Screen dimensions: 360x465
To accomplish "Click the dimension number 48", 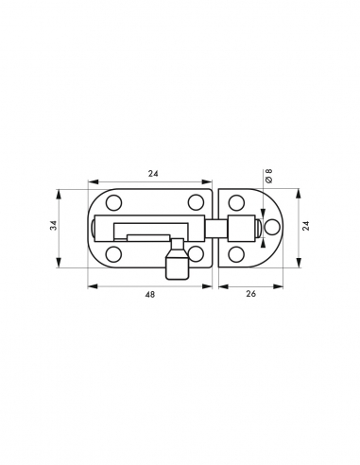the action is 150,295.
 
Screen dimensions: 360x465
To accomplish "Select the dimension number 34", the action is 54,225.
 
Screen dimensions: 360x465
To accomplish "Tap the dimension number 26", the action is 250,294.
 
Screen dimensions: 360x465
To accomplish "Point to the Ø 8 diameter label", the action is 268,176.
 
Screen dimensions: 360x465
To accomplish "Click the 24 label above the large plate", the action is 153,173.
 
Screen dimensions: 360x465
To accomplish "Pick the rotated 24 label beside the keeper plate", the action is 306,226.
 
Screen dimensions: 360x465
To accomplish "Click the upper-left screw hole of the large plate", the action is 113,203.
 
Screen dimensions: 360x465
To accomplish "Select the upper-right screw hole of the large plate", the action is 196,202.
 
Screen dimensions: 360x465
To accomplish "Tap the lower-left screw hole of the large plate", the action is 113,254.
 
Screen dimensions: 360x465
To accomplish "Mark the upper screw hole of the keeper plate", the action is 236,203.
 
